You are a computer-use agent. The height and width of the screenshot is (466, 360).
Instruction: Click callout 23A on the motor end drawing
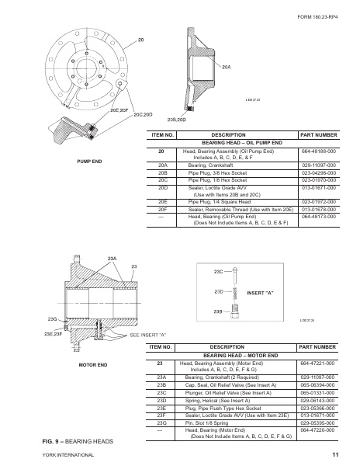pyautogui.click(x=112, y=257)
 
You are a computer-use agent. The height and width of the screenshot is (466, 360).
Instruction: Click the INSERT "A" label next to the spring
pyautogui.click(x=261, y=292)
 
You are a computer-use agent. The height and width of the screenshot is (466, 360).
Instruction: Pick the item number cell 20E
pyautogui.click(x=163, y=200)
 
